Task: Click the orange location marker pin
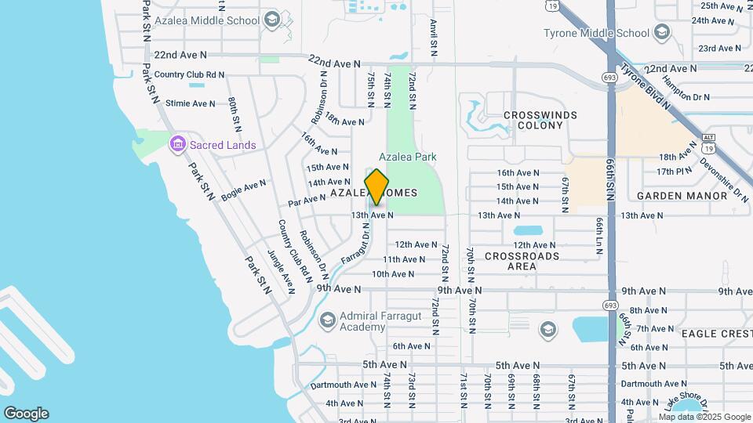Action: point(377,187)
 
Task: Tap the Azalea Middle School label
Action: point(208,19)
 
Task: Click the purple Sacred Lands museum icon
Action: point(177,144)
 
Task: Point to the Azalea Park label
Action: point(407,157)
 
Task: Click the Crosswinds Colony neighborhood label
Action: point(540,120)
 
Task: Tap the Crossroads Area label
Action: point(522,261)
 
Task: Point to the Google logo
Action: point(26,414)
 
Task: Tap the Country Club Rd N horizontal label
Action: point(189,75)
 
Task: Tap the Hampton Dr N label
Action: point(685,89)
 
